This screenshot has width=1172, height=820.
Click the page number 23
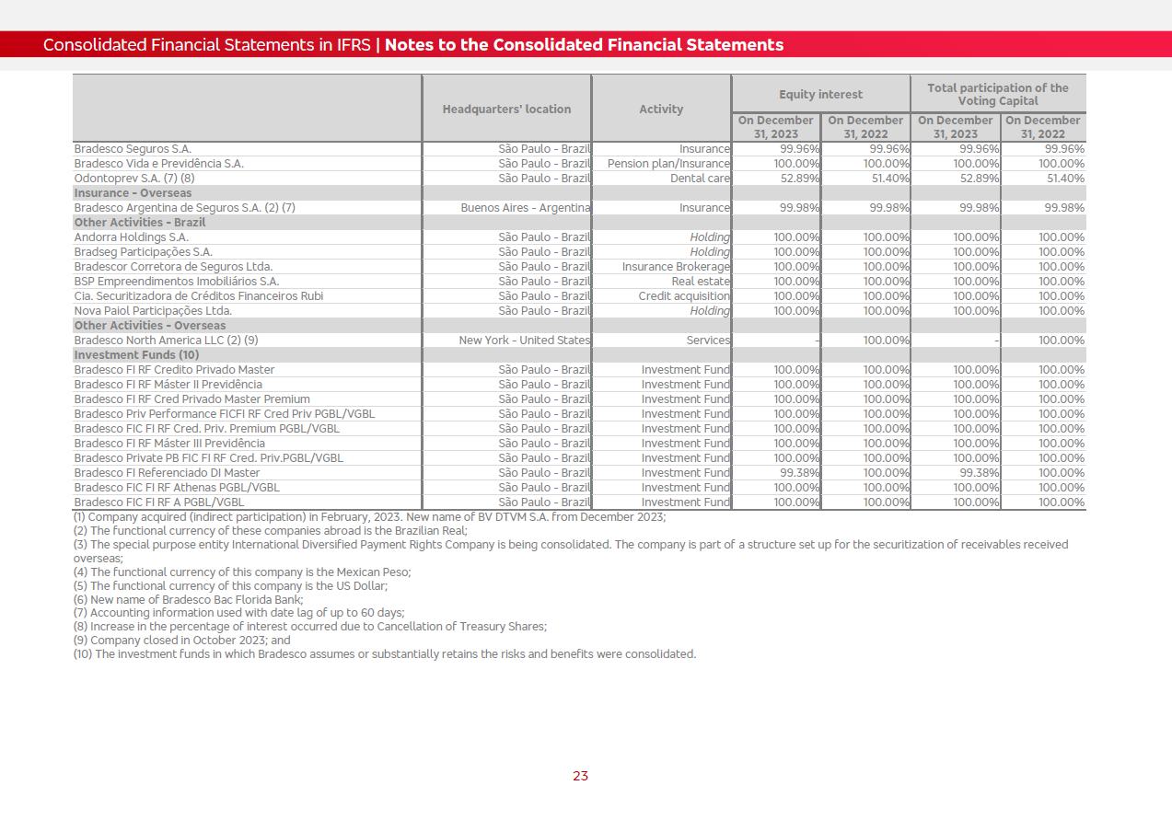click(580, 776)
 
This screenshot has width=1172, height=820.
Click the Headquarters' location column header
click(506, 109)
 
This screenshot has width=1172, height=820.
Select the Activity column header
click(661, 109)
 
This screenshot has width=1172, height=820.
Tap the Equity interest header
click(820, 94)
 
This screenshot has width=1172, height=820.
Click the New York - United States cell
click(525, 341)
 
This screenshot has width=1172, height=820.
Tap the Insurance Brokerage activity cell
click(676, 267)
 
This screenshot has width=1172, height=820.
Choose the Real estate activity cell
click(701, 282)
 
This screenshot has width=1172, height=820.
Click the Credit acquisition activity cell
click(684, 296)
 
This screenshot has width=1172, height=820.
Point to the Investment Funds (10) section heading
click(136, 355)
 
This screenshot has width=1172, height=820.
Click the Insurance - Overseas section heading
click(133, 193)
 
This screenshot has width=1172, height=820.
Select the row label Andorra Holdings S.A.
click(131, 237)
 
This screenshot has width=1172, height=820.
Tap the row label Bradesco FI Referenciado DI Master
click(167, 473)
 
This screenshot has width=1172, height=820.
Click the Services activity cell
click(708, 341)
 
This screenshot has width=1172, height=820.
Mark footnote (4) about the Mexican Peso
click(242, 572)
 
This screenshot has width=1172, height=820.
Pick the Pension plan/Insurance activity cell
click(668, 164)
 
